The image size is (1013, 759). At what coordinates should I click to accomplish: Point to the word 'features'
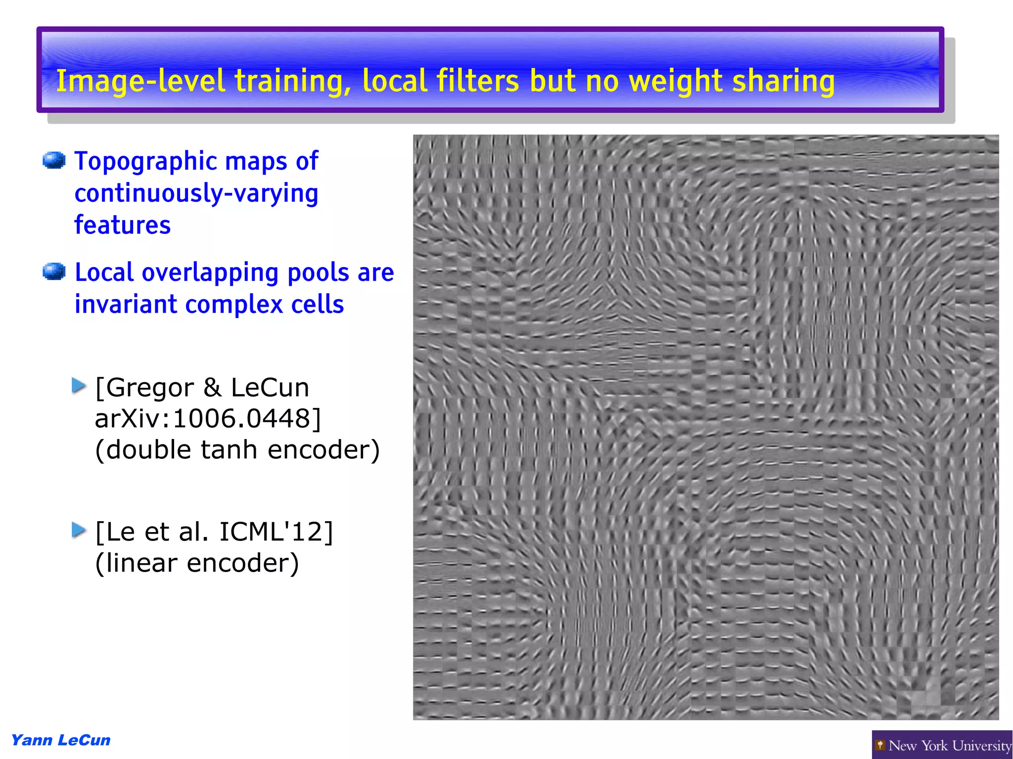click(x=122, y=225)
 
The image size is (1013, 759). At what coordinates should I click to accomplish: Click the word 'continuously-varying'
click(x=196, y=193)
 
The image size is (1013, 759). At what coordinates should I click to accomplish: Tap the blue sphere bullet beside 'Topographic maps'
click(x=54, y=160)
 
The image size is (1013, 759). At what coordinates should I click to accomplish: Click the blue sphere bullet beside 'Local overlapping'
click(x=54, y=271)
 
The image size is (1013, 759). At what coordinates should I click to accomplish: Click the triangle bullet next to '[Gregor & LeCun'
click(x=79, y=386)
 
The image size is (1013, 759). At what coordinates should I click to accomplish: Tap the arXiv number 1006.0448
click(x=242, y=419)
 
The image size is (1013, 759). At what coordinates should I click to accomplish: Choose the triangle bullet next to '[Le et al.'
click(x=79, y=530)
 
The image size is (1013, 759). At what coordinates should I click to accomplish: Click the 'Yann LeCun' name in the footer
click(x=61, y=740)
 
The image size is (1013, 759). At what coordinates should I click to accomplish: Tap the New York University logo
click(x=942, y=745)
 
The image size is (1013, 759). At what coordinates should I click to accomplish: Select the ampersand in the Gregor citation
click(x=212, y=388)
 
